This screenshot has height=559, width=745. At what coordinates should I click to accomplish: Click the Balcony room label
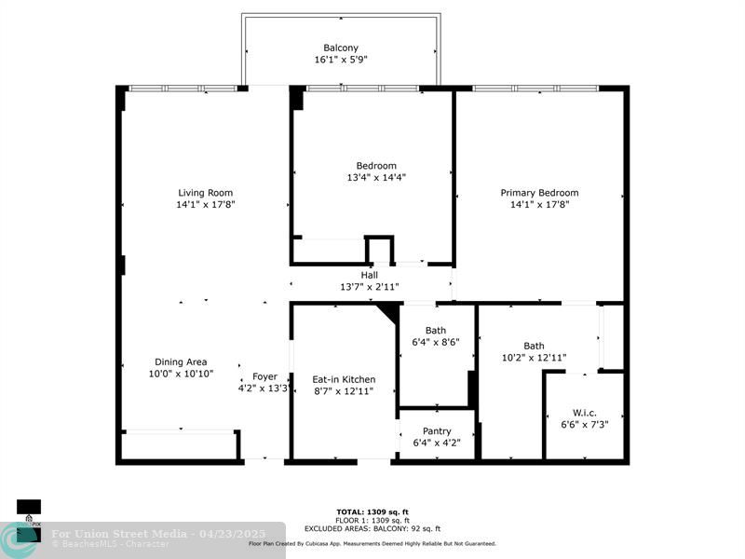341,48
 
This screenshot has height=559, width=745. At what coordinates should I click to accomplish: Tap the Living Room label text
205,193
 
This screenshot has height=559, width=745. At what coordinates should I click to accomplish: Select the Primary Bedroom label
539,193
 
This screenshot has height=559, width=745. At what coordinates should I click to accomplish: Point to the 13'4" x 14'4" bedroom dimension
375,177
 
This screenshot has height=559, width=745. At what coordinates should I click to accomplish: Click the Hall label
370,275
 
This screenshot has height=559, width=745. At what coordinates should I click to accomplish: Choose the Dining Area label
181,361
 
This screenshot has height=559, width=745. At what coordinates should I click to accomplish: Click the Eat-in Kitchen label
344,379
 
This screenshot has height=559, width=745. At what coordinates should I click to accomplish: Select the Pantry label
437,431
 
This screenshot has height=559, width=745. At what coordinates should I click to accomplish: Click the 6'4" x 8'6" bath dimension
436,342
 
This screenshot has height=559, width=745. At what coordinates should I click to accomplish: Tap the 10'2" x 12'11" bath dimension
534,357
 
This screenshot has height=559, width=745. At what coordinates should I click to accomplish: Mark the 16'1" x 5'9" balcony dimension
341,61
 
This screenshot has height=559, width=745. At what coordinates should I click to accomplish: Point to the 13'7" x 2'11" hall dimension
370,287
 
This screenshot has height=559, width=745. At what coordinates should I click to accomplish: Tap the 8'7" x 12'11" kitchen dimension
344,391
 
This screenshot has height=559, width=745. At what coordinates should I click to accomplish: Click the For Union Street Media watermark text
118,534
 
